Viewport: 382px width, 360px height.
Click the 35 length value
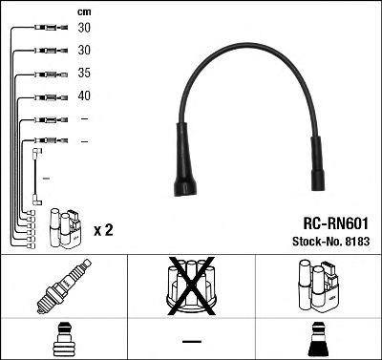coord(85,73)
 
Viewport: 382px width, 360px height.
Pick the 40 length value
coord(85,95)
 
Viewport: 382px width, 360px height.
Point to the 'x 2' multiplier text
coord(103,230)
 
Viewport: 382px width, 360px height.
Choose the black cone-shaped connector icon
coord(317,340)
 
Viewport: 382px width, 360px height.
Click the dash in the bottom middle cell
coord(191,341)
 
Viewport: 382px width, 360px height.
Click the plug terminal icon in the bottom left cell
coord(63,340)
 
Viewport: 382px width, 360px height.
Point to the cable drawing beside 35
coord(47,74)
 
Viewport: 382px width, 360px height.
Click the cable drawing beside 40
coord(47,96)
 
